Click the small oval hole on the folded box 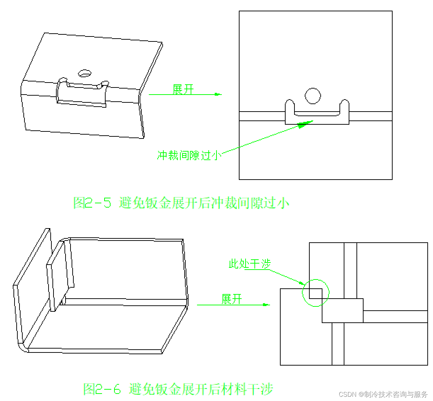coord(85,73)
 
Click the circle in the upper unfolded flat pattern coord(313,96)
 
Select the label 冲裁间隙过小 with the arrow coord(189,155)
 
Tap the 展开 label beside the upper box coord(183,89)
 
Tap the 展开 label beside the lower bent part coord(232,299)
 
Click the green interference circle coord(315,293)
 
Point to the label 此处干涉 coord(249,264)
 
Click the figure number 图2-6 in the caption coord(102,389)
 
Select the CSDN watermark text coord(383,394)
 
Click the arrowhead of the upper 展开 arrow coord(218,94)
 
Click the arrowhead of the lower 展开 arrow coord(266,304)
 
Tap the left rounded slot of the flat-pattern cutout coord(290,107)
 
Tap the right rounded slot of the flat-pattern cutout coord(344,107)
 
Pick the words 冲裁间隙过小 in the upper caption coord(250,203)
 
